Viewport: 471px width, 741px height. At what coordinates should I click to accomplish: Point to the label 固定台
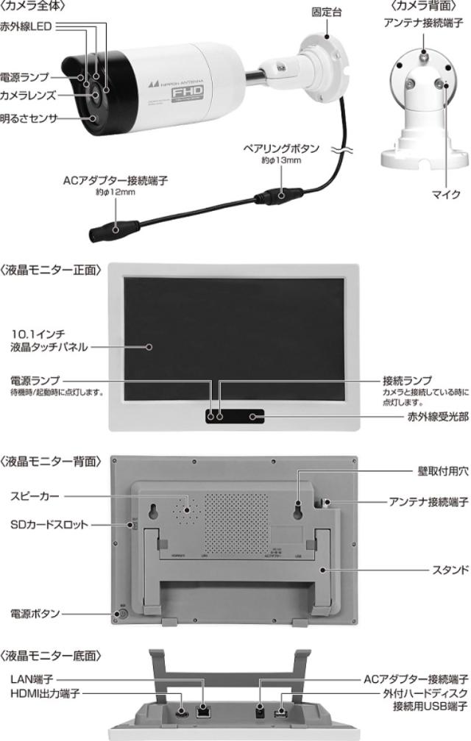pyautogui.click(x=326, y=12)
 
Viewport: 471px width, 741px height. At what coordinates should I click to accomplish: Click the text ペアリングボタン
pyautogui.click(x=282, y=148)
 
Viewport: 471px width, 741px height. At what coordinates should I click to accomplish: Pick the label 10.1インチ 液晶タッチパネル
pyautogui.click(x=51, y=340)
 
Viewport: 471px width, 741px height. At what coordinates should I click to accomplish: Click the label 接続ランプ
pyautogui.click(x=406, y=381)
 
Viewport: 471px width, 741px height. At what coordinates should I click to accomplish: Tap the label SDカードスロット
pyautogui.click(x=49, y=524)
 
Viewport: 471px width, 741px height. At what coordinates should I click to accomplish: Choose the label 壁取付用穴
pyautogui.click(x=442, y=473)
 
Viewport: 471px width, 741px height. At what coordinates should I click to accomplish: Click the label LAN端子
pyautogui.click(x=32, y=681)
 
